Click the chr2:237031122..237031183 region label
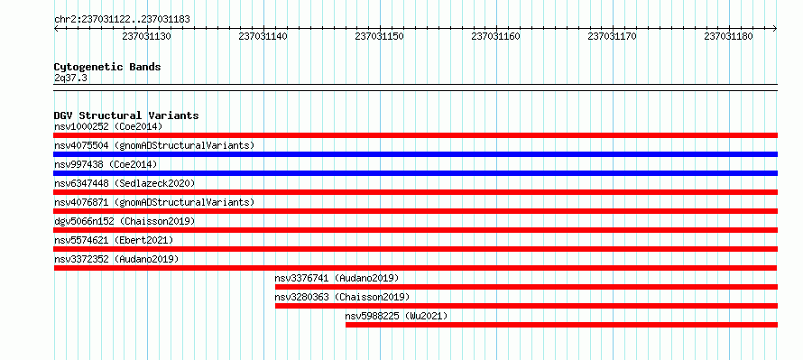(122, 20)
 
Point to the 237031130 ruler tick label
(146, 37)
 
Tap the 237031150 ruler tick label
(380, 37)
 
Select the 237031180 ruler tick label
(729, 37)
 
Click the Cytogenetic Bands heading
(107, 67)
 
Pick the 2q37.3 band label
(70, 78)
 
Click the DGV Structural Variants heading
(126, 115)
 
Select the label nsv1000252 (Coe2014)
(108, 127)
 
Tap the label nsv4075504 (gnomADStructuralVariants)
(154, 146)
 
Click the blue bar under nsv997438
(416, 173)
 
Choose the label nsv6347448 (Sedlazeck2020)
(125, 183)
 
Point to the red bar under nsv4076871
(416, 211)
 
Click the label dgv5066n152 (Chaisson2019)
(125, 221)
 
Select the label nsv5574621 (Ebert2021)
(114, 240)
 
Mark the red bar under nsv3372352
(416, 268)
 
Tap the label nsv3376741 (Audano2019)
(337, 278)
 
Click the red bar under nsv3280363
(526, 306)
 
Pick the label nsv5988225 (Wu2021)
(396, 316)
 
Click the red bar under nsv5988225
(562, 325)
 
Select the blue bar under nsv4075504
(416, 154)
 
